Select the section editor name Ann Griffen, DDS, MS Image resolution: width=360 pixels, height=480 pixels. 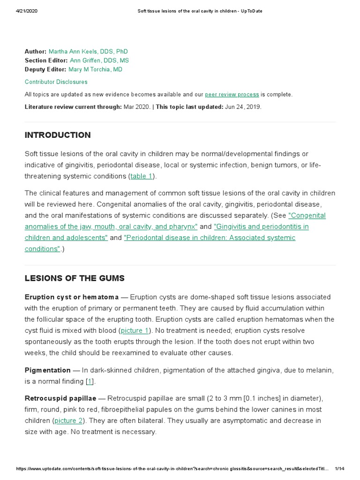(x=99, y=60)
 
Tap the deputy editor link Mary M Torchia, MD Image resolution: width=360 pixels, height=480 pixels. (x=95, y=69)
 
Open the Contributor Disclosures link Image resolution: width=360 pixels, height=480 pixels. (x=56, y=82)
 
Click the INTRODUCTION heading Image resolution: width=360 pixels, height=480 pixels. (x=58, y=135)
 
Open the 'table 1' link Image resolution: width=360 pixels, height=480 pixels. (x=141, y=176)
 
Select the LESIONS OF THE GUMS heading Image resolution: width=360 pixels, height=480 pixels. (x=75, y=278)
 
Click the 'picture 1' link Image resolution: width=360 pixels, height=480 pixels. (x=135, y=330)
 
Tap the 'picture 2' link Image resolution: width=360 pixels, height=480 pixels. (x=68, y=420)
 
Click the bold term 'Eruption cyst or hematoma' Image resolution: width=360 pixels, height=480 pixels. (x=72, y=297)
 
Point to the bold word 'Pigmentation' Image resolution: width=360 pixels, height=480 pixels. (x=48, y=370)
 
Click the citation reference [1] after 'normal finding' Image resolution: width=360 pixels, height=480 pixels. (x=90, y=382)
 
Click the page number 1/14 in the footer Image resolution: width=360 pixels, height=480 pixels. (x=340, y=469)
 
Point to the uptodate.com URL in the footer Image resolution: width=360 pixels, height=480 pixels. (x=169, y=469)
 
